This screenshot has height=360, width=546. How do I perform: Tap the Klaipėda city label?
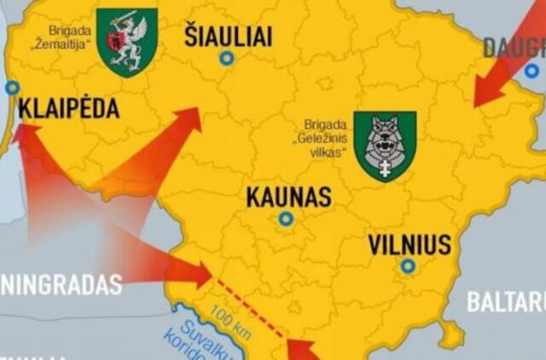click(x=69, y=109)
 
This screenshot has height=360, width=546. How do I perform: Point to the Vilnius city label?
click(x=409, y=246)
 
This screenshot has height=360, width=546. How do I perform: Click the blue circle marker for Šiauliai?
click(x=226, y=58)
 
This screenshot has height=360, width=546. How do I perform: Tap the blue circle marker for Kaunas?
click(x=286, y=219)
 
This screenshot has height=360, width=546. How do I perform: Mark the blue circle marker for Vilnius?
click(x=409, y=266)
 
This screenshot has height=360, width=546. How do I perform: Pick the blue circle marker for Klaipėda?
click(x=12, y=87)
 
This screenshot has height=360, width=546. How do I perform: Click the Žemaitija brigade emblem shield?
click(x=127, y=41)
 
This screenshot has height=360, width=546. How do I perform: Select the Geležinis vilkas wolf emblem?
click(x=385, y=145)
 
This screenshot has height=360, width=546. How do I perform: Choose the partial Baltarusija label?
click(x=505, y=302)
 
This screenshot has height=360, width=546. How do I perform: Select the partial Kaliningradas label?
click(x=61, y=285)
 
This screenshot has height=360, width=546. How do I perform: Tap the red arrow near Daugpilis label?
click(x=496, y=81)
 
